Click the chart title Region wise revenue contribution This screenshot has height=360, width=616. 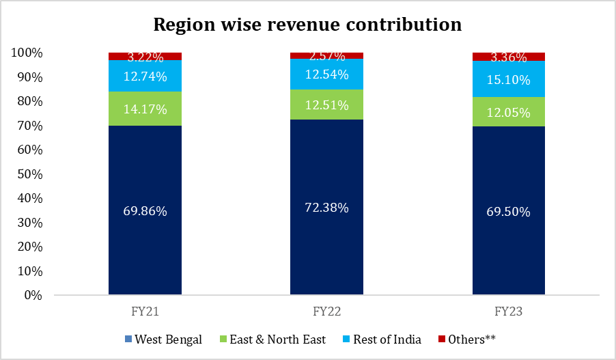(307, 25)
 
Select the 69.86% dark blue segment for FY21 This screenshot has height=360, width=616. (145, 210)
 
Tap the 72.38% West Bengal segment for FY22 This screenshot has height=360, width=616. (327, 208)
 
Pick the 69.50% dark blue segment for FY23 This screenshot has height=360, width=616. (509, 211)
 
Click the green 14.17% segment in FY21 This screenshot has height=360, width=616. (145, 108)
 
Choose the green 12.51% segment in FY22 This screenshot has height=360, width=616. (327, 105)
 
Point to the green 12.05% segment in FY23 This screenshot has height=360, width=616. (509, 112)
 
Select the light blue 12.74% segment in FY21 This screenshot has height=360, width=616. (145, 76)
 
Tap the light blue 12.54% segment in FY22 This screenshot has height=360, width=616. (327, 74)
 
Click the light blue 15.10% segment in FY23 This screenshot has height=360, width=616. (509, 79)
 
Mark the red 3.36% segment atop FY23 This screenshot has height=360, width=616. (509, 57)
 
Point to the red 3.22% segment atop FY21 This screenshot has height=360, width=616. (145, 56)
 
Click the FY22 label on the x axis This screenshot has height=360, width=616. (326, 311)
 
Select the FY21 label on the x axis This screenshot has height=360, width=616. (145, 311)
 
